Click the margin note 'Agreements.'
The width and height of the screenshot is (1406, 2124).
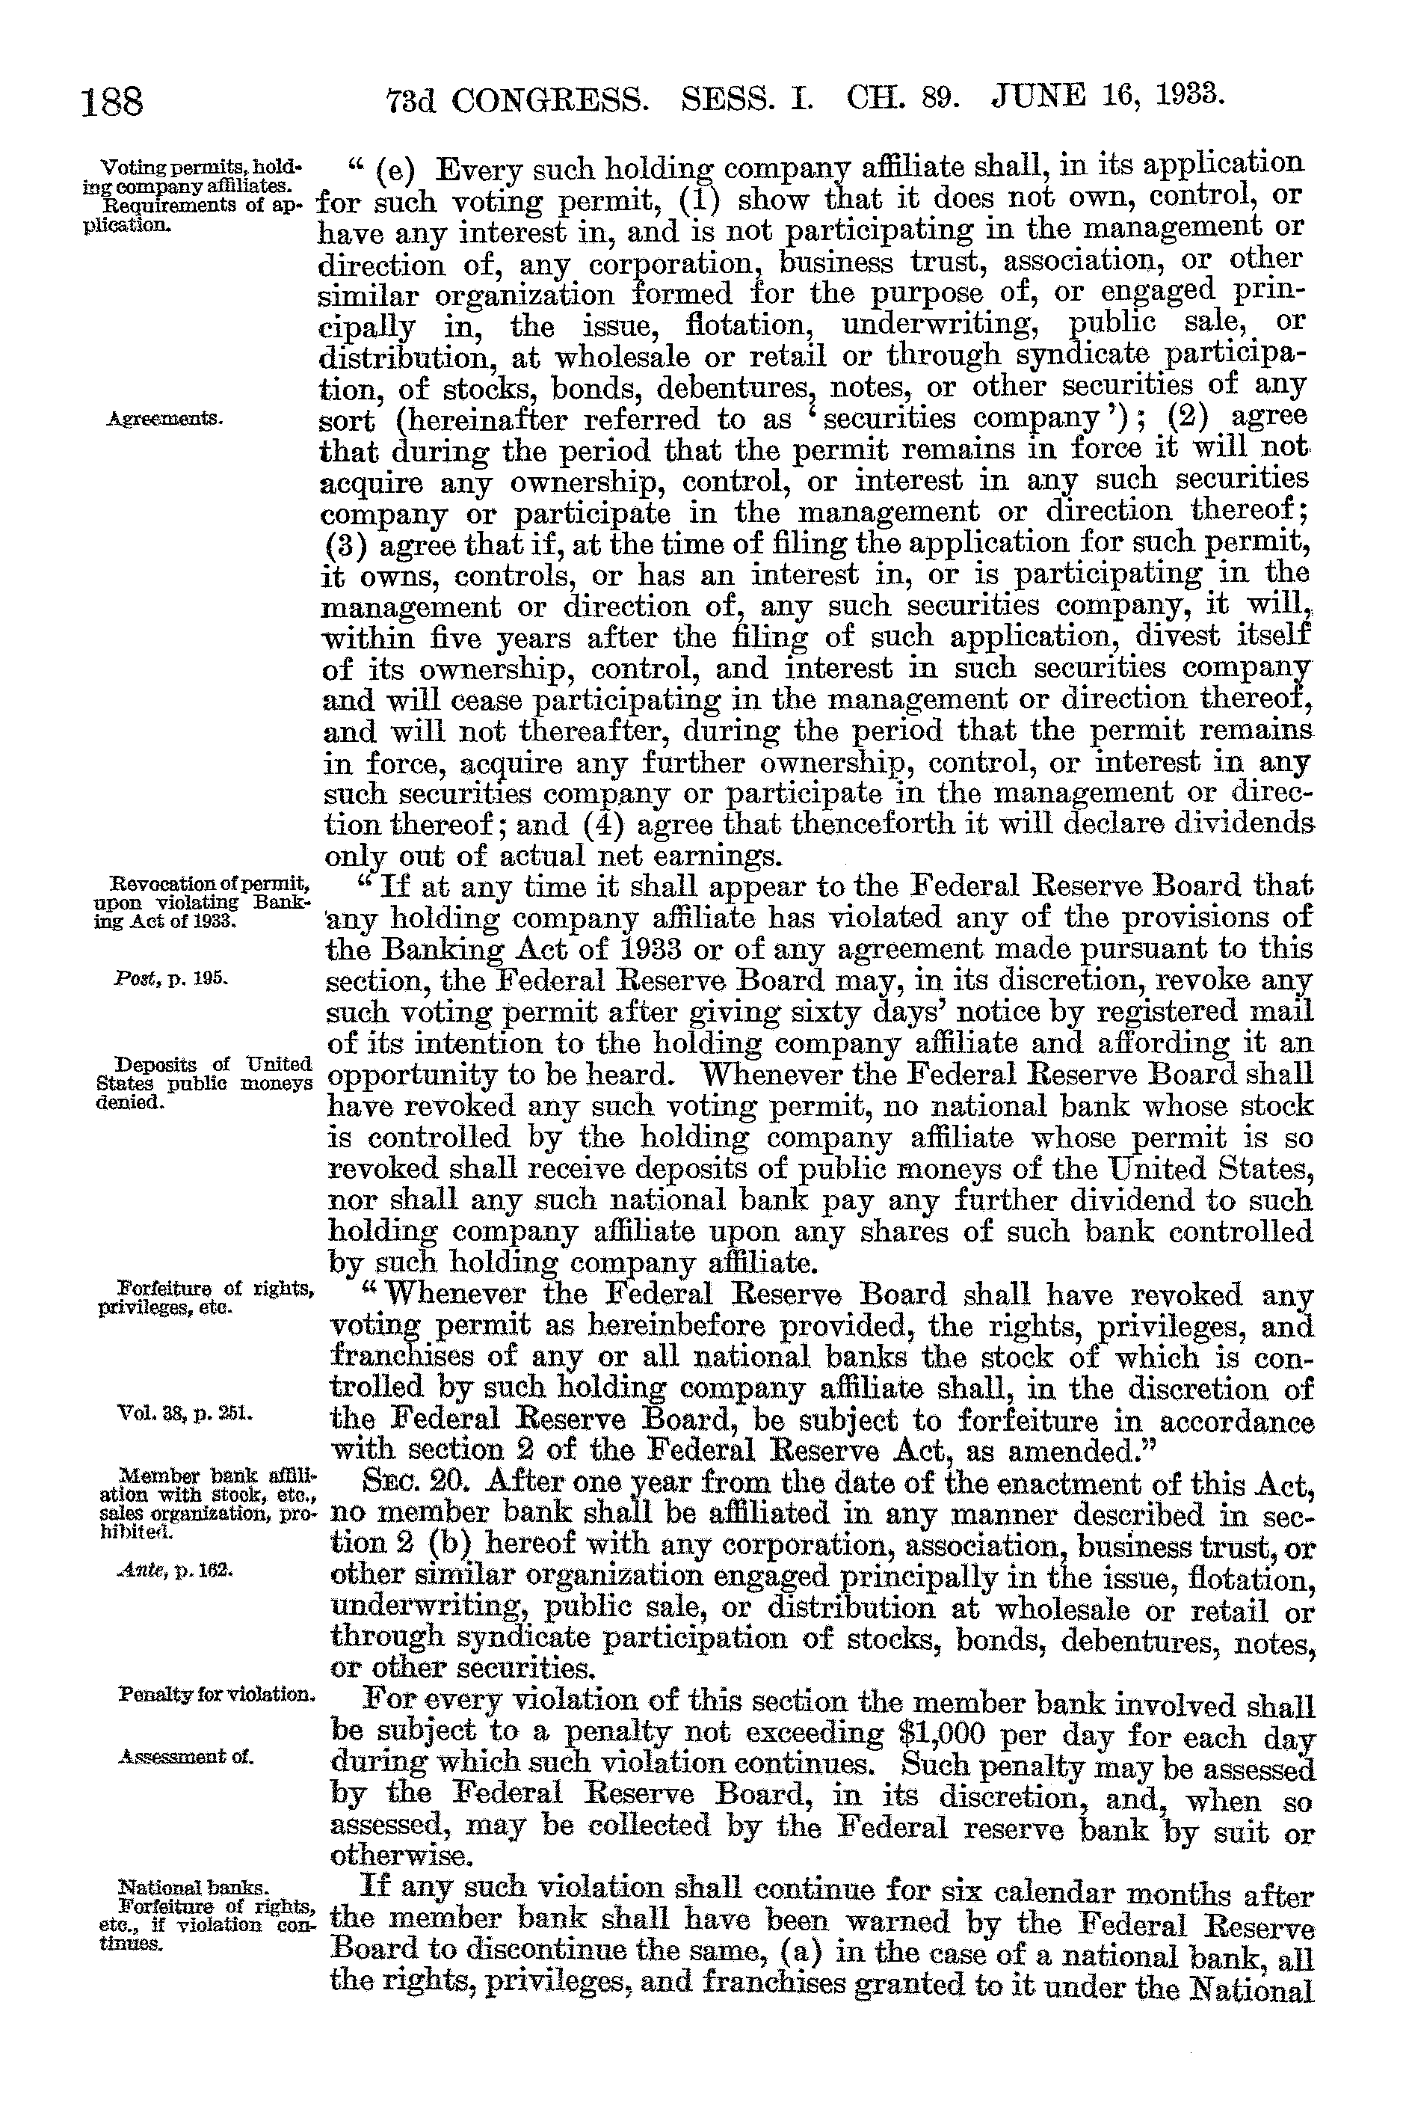[x=165, y=419]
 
